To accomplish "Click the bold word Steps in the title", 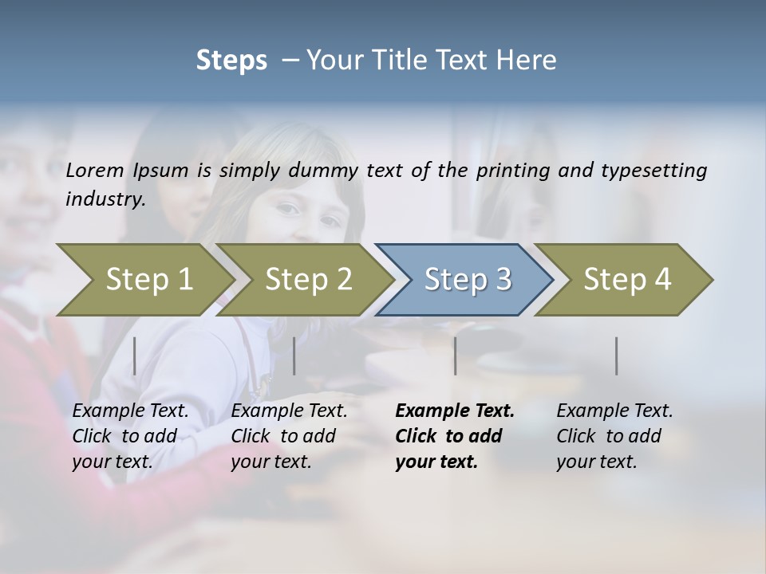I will pyautogui.click(x=231, y=61).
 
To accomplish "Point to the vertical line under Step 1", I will pyautogui.click(x=135, y=356).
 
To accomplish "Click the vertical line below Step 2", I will pyautogui.click(x=294, y=356).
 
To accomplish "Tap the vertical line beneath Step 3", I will pyautogui.click(x=455, y=356).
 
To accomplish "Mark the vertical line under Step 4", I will pyautogui.click(x=616, y=356).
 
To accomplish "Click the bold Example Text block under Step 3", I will pyautogui.click(x=454, y=436).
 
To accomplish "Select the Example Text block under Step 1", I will pyautogui.click(x=130, y=436).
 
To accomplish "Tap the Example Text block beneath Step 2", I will pyautogui.click(x=289, y=436).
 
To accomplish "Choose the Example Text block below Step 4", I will pyautogui.click(x=614, y=436).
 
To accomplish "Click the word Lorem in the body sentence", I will pyautogui.click(x=95, y=170).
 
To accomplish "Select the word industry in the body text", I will pyautogui.click(x=105, y=199).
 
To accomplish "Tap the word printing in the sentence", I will pyautogui.click(x=513, y=171).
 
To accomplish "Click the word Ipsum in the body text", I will pyautogui.click(x=161, y=171).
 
